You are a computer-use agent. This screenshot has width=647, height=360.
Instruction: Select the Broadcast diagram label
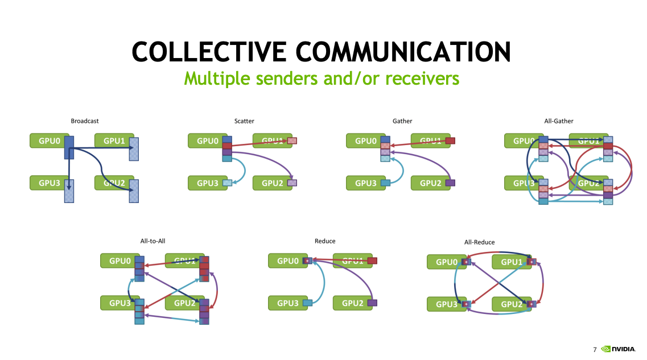85,121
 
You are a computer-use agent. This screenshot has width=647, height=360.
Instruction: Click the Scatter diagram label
244,121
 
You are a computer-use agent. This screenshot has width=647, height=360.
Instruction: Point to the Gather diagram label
402,121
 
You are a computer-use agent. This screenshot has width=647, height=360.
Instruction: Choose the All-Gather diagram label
559,121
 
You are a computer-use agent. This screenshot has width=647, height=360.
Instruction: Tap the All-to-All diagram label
153,241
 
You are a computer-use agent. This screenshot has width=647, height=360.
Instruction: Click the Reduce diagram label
325,241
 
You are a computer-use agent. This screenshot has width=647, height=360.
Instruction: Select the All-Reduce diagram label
479,242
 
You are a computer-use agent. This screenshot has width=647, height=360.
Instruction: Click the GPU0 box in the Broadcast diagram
47,140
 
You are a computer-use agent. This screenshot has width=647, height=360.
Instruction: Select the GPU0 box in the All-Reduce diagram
444,262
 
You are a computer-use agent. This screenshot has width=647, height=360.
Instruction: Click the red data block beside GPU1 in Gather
450,140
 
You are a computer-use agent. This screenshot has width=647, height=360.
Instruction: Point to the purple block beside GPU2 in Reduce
372,303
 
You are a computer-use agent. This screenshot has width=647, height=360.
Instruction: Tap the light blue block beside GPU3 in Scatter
228,183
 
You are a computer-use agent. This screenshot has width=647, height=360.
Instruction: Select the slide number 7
595,349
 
